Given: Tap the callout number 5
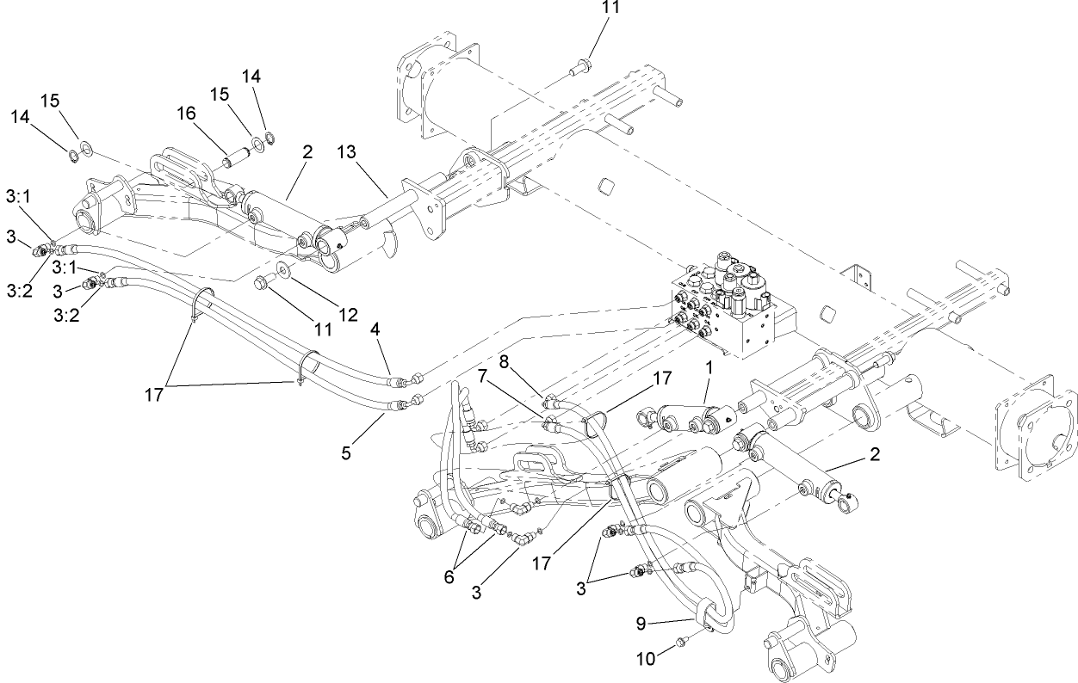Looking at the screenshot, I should (346, 452).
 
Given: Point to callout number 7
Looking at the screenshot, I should (483, 377).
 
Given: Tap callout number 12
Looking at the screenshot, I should (347, 315).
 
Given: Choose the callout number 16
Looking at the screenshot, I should (187, 112).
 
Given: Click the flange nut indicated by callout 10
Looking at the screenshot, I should (678, 641).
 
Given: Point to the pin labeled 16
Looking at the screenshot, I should (235, 158).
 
